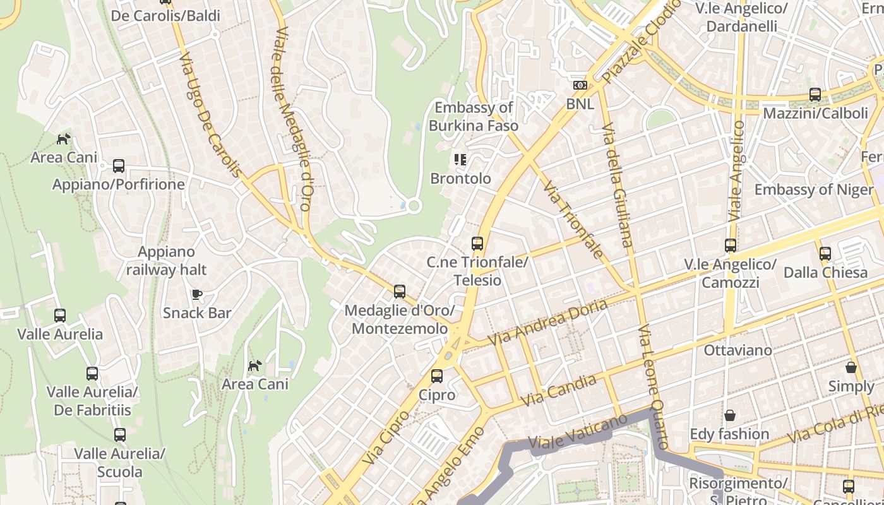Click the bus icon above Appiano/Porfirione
click(119, 166)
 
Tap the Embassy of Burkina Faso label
click(474, 117)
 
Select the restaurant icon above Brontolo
click(460, 160)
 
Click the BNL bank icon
click(580, 85)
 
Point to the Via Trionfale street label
click(573, 220)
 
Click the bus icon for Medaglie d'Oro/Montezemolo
click(400, 292)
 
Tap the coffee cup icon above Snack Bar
click(197, 294)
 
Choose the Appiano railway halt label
click(167, 261)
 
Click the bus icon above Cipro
click(437, 377)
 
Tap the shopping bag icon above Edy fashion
click(730, 415)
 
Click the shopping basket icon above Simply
click(851, 367)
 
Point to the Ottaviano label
click(738, 350)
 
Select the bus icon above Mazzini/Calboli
click(815, 95)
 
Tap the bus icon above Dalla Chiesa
click(825, 254)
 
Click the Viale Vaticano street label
click(578, 432)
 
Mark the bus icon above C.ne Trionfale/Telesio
click(477, 244)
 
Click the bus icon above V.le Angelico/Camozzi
click(731, 246)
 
